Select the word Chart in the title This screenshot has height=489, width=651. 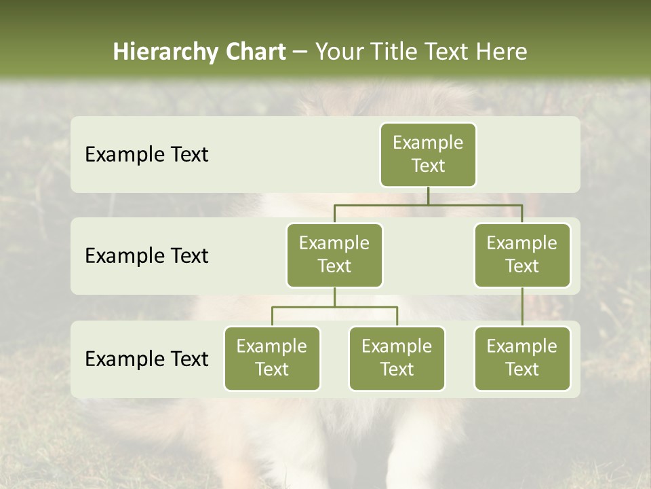click(255, 52)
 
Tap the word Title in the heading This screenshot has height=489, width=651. click(393, 52)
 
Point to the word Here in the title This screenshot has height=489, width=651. click(500, 52)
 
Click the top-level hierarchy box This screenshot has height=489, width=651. click(428, 155)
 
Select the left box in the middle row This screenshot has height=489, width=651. click(334, 255)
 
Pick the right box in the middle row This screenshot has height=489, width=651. click(522, 255)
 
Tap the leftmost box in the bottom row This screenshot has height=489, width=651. click(272, 359)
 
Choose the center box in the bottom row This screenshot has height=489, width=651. click(397, 359)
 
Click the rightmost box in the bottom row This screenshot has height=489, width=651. click(522, 359)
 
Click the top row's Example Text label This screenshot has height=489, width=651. click(146, 155)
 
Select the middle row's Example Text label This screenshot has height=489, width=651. click(146, 256)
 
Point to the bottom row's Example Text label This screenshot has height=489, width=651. click(146, 359)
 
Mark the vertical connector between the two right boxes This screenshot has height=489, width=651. click(522, 307)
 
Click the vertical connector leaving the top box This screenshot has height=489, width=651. click(428, 196)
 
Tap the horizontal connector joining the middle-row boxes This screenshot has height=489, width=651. click(428, 204)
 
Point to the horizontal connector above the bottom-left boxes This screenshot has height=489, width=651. click(334, 307)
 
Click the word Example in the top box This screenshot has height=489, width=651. click(428, 143)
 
